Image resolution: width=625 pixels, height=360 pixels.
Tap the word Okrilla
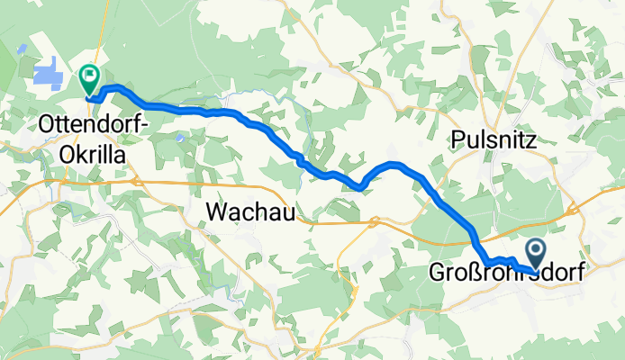coord(93,152)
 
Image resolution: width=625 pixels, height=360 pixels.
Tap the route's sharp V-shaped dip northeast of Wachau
coord(360,188)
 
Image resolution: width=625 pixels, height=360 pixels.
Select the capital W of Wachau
coord(215,211)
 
